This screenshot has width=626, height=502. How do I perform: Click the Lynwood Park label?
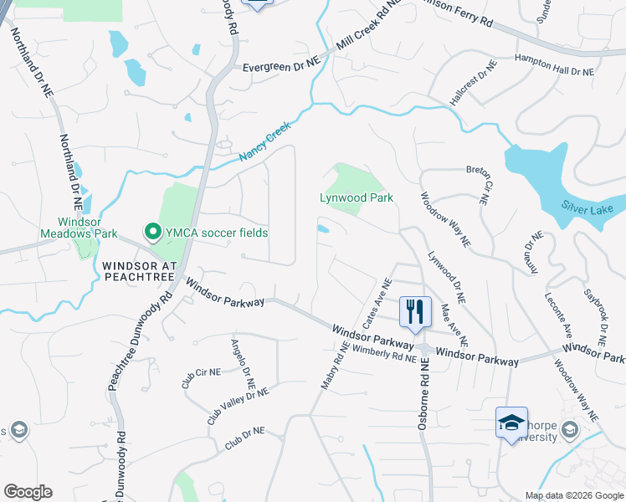[x=357, y=198]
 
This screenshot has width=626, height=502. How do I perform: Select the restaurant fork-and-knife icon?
[x=414, y=312]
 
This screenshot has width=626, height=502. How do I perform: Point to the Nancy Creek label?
[x=264, y=143]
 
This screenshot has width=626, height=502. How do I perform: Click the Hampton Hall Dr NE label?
[x=554, y=72]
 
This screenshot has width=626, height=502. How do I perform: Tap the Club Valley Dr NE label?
[x=238, y=405]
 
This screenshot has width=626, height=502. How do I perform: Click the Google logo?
[x=28, y=492]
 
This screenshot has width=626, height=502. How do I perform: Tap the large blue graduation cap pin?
[x=511, y=423]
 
